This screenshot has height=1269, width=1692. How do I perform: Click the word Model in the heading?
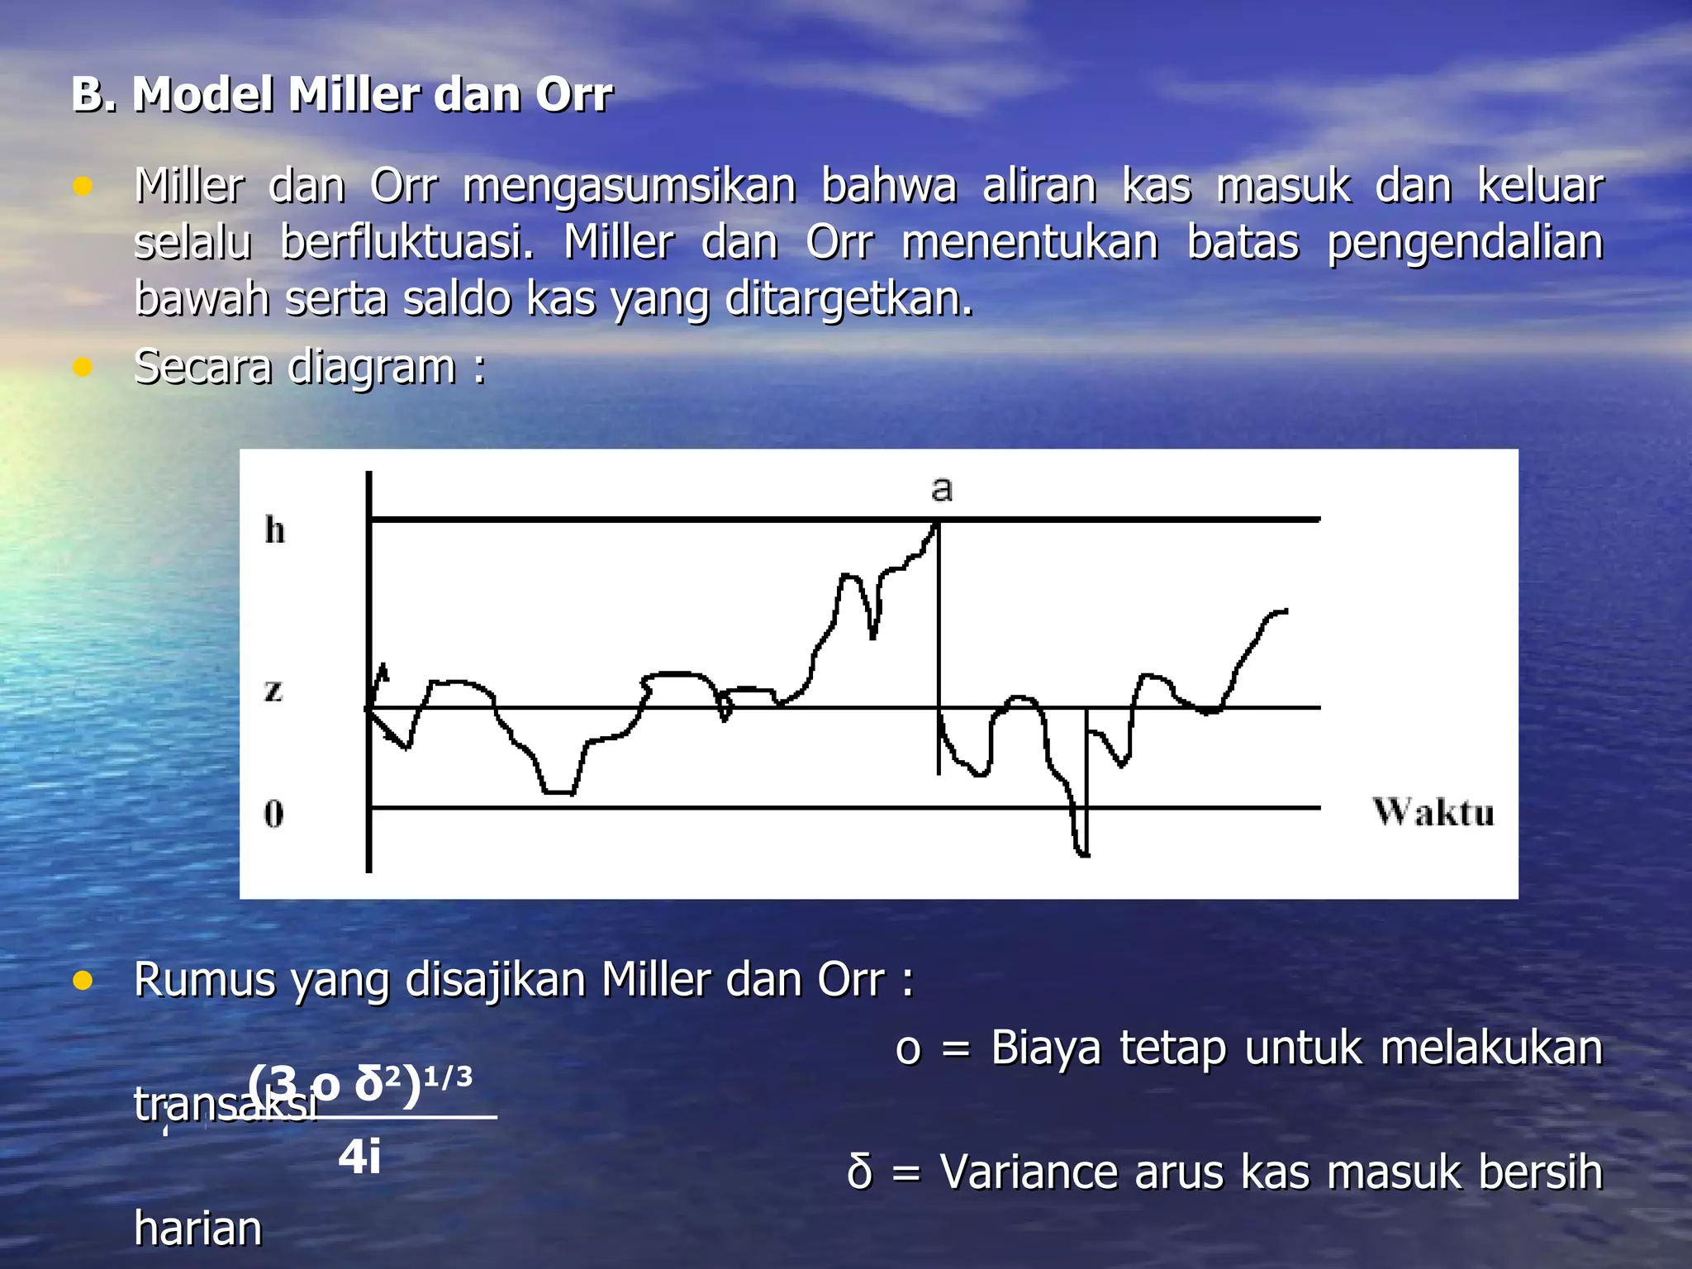[x=202, y=94]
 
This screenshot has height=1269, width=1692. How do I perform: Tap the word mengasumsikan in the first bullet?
[x=630, y=187]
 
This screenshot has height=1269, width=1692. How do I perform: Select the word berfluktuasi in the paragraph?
[x=407, y=243]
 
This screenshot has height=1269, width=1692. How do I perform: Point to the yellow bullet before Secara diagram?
[x=82, y=366]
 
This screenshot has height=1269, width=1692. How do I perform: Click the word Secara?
[x=202, y=367]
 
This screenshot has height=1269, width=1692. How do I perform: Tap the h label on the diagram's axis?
[x=275, y=530]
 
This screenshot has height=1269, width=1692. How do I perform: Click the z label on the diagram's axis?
[x=273, y=690]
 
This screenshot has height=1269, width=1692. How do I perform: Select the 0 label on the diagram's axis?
[x=273, y=814]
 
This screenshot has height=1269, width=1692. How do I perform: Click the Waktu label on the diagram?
[x=1433, y=812]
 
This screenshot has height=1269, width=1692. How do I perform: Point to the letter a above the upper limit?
[x=941, y=488]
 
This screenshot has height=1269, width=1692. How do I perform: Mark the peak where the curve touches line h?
[x=937, y=521]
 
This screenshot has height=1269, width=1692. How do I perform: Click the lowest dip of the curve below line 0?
[x=1083, y=853]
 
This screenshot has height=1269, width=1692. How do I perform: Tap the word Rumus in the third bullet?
[x=204, y=981]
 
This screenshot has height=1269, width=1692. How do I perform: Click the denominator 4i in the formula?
[x=359, y=1157]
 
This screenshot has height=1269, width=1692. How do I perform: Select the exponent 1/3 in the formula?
[x=448, y=1077]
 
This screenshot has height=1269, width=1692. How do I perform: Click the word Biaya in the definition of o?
[x=1046, y=1048]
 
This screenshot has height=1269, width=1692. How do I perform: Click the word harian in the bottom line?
[x=198, y=1229]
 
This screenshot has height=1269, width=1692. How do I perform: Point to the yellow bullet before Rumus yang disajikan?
[x=82, y=981]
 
